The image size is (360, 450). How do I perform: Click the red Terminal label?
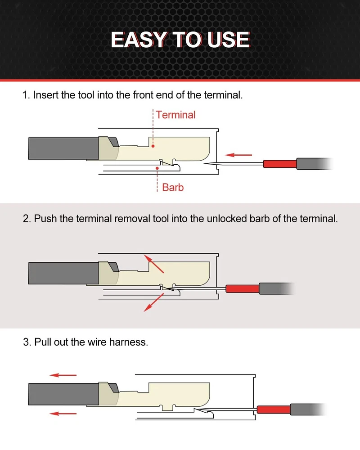click(175, 115)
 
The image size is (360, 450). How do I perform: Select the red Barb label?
click(173, 187)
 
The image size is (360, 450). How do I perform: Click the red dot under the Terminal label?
click(153, 146)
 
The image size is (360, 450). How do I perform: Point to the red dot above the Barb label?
click(157, 168)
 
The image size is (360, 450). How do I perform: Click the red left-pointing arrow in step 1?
click(238, 155)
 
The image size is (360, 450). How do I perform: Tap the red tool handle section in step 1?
click(280, 164)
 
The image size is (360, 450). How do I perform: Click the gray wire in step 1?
click(63, 148)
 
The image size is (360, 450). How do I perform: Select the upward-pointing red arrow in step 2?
click(153, 263)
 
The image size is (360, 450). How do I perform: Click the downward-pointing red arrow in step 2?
click(153, 302)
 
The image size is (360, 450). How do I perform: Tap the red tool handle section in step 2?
click(242, 289)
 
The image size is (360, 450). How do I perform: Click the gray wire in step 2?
click(63, 273)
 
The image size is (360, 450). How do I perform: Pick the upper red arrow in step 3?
click(63, 375)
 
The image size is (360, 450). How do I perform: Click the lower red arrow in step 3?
click(63, 414)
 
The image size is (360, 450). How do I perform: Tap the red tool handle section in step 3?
click(274, 409)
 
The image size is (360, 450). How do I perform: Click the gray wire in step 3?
click(63, 394)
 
